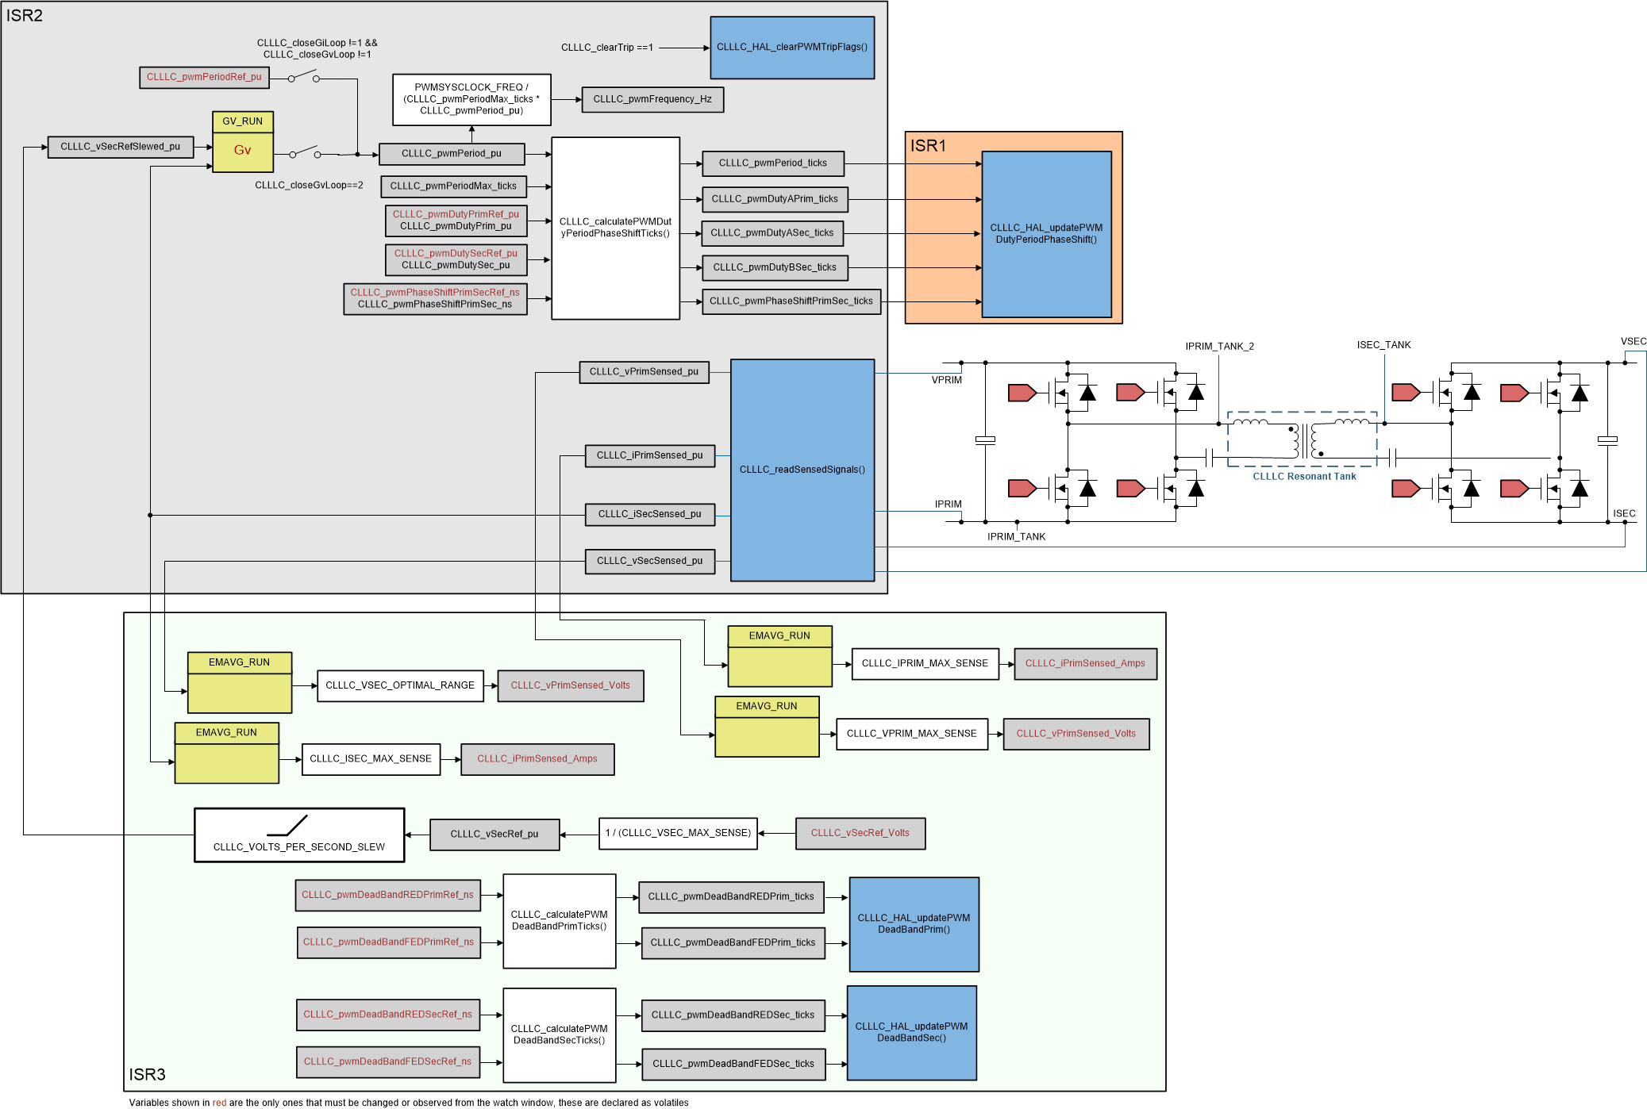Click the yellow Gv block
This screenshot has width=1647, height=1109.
click(242, 151)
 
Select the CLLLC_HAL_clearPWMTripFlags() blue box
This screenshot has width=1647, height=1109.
click(791, 48)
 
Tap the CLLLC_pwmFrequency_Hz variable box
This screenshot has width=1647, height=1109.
click(652, 99)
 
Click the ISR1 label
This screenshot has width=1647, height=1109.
click(928, 146)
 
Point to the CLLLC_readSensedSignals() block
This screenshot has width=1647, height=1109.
click(802, 470)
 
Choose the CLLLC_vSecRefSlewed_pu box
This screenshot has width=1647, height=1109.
click(120, 147)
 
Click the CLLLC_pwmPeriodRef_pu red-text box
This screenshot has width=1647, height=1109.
click(204, 77)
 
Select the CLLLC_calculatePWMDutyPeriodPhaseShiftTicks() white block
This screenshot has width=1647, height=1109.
click(615, 228)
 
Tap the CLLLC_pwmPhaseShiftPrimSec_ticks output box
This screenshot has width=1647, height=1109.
click(791, 301)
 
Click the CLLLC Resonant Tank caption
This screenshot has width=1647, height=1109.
click(1304, 477)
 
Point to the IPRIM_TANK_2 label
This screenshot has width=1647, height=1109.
click(1219, 347)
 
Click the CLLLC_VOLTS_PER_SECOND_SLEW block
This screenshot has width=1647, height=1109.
click(299, 835)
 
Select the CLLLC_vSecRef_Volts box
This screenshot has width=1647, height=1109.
click(860, 833)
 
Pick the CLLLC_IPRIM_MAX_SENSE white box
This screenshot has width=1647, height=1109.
click(925, 664)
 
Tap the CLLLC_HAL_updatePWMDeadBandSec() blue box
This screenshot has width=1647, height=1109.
click(911, 1032)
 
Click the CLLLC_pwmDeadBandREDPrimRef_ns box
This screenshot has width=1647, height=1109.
click(387, 895)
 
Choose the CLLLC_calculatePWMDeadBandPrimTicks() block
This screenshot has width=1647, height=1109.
click(559, 921)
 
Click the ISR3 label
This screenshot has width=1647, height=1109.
click(147, 1074)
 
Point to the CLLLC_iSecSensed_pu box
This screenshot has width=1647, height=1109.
click(649, 514)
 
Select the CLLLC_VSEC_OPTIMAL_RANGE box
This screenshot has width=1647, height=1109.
click(399, 685)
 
